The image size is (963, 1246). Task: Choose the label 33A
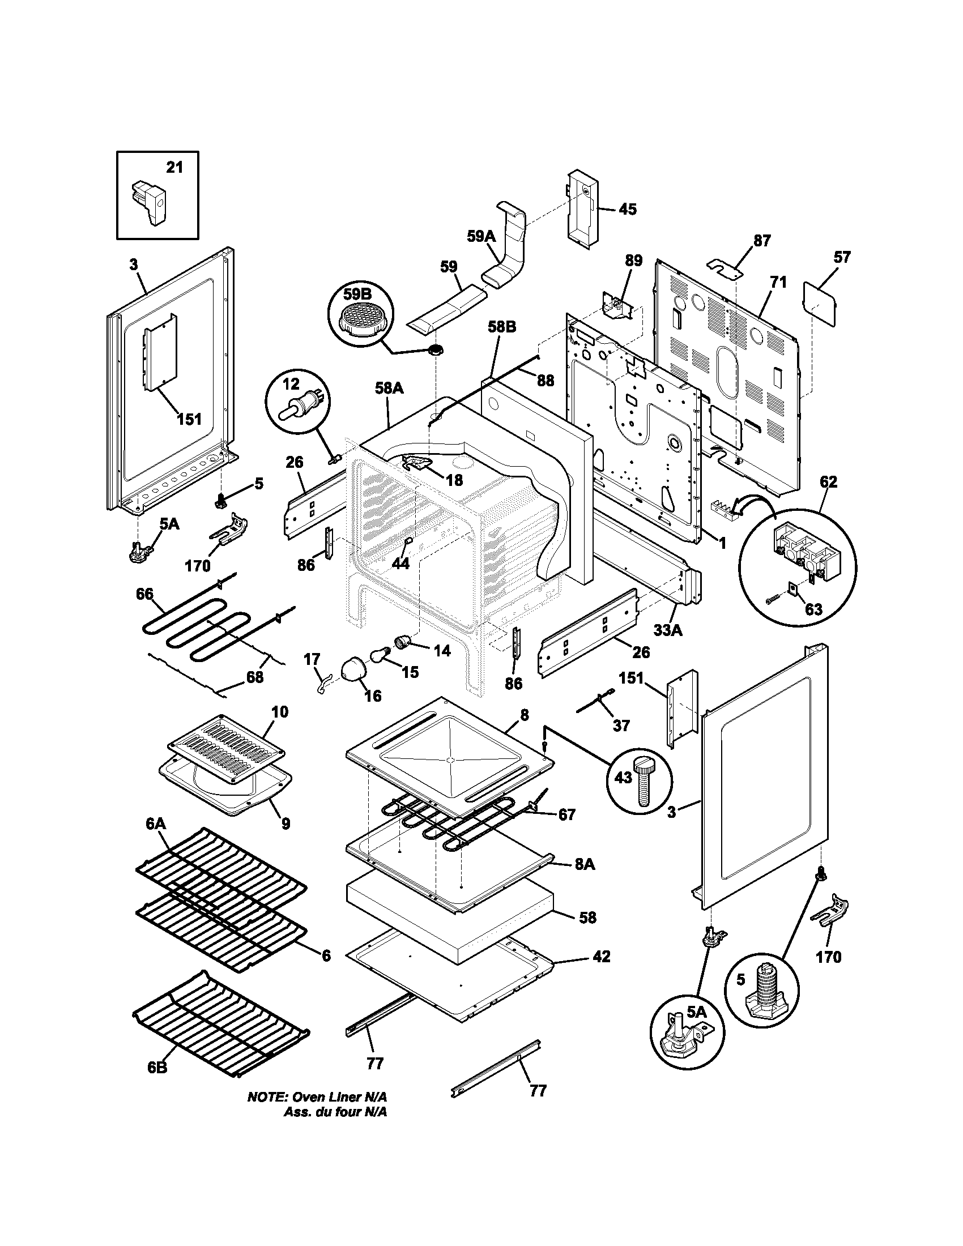(x=668, y=630)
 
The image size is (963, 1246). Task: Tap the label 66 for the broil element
(x=144, y=594)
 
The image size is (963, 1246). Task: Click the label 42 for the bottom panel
(x=601, y=956)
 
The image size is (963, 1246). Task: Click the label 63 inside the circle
(x=813, y=610)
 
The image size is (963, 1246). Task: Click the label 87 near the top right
(x=761, y=241)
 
